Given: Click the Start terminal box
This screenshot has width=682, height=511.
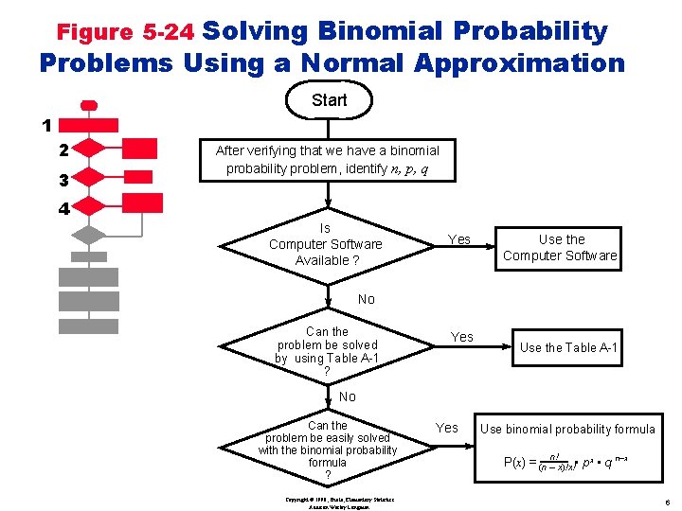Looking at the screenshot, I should (x=329, y=100).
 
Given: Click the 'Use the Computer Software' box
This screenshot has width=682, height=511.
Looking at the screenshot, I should (x=561, y=248).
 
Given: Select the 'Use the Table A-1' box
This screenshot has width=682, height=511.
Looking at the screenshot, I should (x=568, y=347).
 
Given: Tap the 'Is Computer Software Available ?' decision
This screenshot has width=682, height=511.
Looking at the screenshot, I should (x=326, y=244).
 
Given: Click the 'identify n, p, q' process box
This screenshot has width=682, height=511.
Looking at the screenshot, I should (x=327, y=160).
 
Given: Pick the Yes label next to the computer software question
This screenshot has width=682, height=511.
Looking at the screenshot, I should (x=458, y=239).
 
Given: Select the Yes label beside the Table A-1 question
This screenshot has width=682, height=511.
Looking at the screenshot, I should (x=461, y=337).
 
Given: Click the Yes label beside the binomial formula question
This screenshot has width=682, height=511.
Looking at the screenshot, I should (x=446, y=428).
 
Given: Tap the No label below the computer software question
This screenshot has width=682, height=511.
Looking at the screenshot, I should (x=367, y=299).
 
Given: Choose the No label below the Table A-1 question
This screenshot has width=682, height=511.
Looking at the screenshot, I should (x=348, y=396).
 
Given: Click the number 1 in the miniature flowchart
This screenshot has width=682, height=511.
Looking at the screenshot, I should (x=45, y=125).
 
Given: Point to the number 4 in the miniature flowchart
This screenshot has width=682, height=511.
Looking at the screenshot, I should (x=63, y=209).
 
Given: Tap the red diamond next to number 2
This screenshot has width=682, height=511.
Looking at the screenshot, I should (x=88, y=148).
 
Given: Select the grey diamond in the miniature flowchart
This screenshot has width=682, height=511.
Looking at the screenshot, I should (x=88, y=235).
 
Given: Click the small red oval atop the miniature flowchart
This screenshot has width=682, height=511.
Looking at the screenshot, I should (x=89, y=104).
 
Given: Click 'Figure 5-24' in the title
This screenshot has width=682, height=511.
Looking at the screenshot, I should (x=125, y=32).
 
